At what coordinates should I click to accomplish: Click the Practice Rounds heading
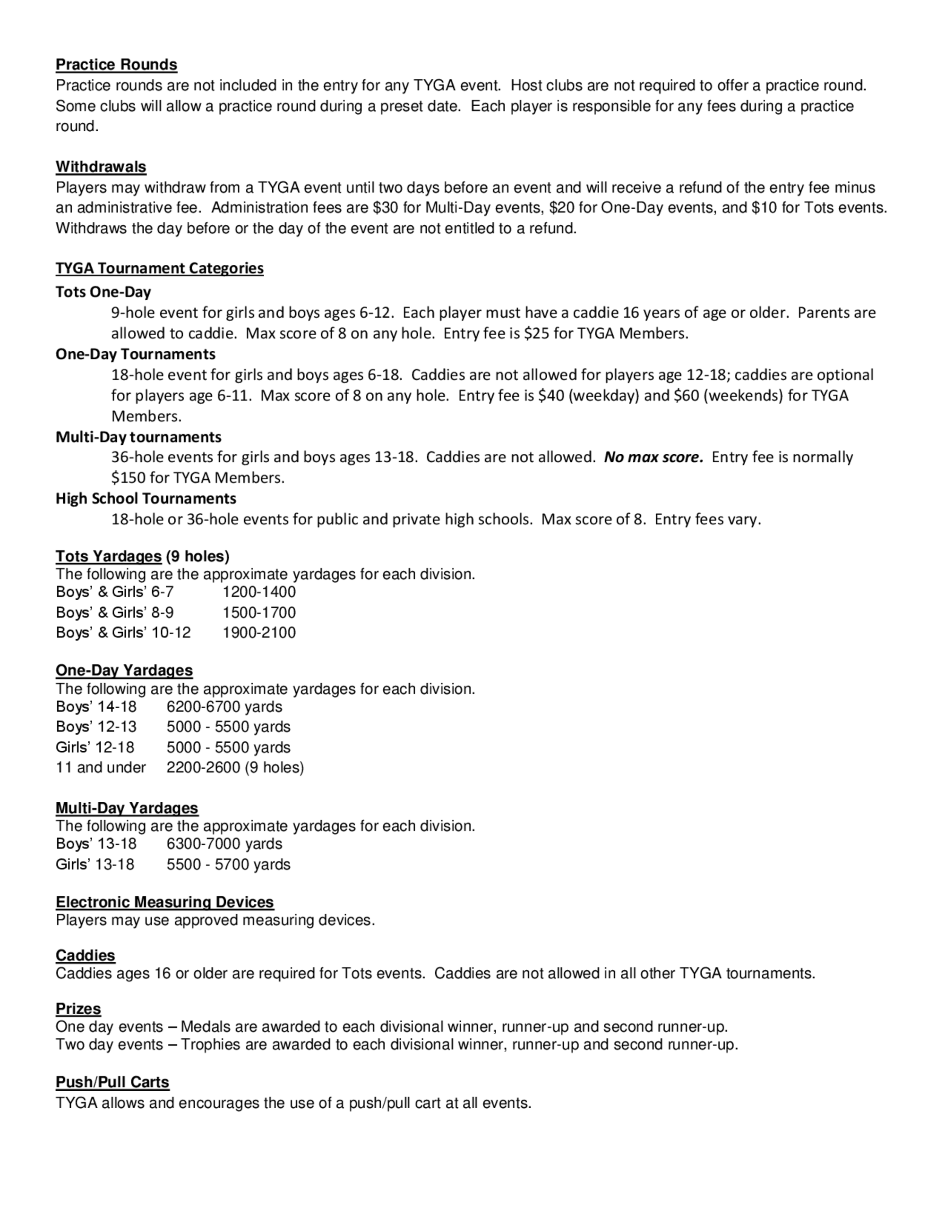(116, 65)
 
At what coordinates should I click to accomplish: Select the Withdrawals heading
(101, 167)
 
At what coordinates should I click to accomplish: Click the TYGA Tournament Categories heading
(160, 269)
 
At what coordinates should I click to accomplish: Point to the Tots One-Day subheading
(103, 292)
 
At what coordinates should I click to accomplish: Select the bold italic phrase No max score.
(653, 457)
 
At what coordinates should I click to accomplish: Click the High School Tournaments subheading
(146, 499)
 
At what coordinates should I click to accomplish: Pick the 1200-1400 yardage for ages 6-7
(259, 592)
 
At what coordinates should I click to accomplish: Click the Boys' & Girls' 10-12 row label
(123, 633)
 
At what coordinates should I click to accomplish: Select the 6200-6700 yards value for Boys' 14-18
(224, 707)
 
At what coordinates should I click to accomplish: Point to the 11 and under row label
(101, 768)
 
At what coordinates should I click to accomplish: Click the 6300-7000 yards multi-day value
(224, 844)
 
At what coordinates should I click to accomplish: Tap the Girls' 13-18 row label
(95, 865)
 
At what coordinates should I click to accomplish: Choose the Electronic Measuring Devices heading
(164, 902)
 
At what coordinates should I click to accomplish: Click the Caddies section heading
(85, 955)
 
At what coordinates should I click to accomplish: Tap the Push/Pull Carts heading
(112, 1082)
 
